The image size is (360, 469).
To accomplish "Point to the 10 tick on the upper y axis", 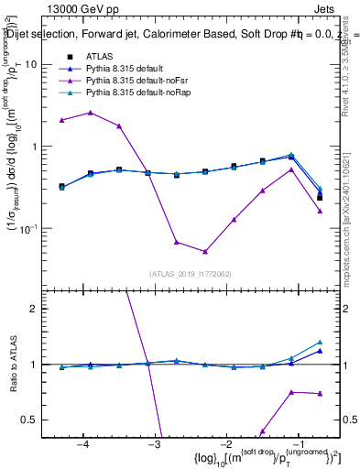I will tap(32, 65).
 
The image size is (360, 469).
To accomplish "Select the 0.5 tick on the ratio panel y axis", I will tap(33, 420).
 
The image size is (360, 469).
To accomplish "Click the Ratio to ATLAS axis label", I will tap(13, 365).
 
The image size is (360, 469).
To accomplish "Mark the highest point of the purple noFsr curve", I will tap(90, 113).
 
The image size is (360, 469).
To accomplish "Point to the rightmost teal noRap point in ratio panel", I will tap(320, 342).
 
